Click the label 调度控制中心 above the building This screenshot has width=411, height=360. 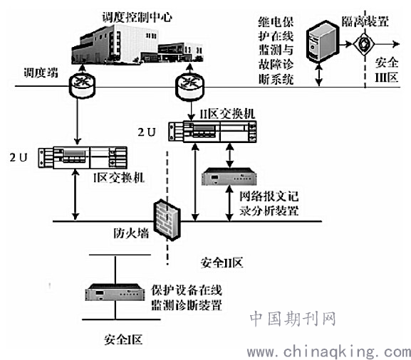(x=137, y=17)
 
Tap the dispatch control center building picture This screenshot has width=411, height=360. (x=137, y=44)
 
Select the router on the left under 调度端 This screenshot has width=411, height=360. (x=82, y=85)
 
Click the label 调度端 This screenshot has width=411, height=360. (x=41, y=73)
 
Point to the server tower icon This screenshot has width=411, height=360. (x=322, y=42)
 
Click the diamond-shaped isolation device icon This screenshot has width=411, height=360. (x=364, y=43)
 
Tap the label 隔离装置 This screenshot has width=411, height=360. (x=365, y=21)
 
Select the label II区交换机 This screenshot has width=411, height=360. (x=227, y=114)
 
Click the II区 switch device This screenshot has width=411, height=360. (x=212, y=132)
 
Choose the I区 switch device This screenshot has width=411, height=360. (x=83, y=157)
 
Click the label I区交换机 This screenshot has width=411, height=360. (x=119, y=178)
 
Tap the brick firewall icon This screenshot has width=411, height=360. (x=167, y=219)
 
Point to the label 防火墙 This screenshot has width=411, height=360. (x=131, y=233)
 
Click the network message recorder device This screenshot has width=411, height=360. (x=229, y=176)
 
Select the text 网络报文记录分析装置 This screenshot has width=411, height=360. (x=269, y=203)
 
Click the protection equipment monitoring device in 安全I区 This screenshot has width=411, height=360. (x=115, y=292)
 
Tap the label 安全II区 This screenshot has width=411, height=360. (x=222, y=263)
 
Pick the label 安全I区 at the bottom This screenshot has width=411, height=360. (x=123, y=339)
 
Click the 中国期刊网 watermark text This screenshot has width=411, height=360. (x=293, y=319)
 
